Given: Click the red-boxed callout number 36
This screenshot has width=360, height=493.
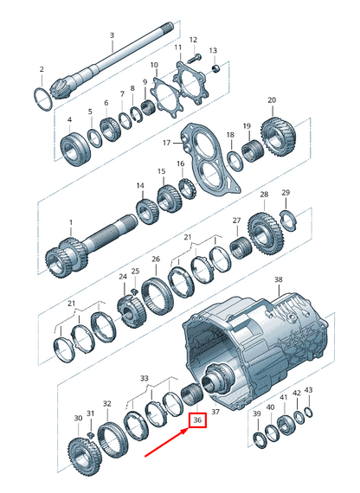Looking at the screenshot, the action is click(197, 420).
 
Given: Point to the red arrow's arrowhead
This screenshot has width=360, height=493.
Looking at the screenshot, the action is click(184, 432).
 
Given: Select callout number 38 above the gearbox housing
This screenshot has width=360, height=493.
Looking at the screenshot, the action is click(279, 279).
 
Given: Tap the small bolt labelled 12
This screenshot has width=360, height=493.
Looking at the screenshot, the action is click(195, 58).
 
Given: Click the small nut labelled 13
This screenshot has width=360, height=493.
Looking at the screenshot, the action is click(215, 68).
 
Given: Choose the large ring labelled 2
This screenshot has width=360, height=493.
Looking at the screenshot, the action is click(43, 99).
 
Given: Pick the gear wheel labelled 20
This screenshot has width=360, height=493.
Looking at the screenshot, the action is click(279, 137).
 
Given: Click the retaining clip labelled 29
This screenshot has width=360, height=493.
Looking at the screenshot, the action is click(288, 221).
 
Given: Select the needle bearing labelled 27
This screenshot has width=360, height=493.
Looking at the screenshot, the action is click(241, 248).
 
